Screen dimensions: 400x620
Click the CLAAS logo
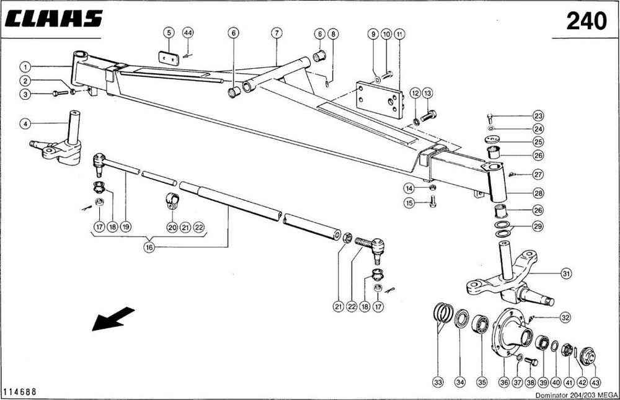[53, 19]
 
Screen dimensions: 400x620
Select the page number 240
[586, 22]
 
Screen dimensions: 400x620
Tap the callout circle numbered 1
[25, 66]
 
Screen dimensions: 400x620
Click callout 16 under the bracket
[149, 247]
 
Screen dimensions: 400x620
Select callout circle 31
[565, 272]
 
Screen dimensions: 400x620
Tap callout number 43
[596, 383]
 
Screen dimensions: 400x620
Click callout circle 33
[438, 383]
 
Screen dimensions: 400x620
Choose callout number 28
[538, 193]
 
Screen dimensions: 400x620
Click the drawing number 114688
[19, 391]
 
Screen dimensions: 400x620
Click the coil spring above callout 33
[441, 312]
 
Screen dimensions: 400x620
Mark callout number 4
[25, 123]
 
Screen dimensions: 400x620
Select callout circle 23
[538, 116]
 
